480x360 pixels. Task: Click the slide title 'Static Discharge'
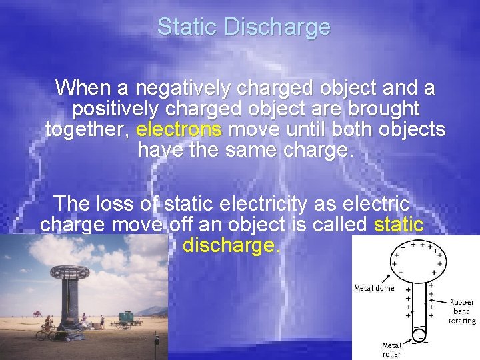click(x=243, y=27)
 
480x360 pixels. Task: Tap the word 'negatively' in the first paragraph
click(x=180, y=88)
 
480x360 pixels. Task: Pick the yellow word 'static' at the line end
click(x=399, y=225)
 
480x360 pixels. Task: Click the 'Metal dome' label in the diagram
click(x=374, y=288)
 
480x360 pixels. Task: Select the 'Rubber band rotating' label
click(x=461, y=311)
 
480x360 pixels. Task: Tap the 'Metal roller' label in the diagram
click(x=391, y=349)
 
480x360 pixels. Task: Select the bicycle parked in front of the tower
click(x=47, y=331)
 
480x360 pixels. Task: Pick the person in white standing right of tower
click(x=101, y=322)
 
